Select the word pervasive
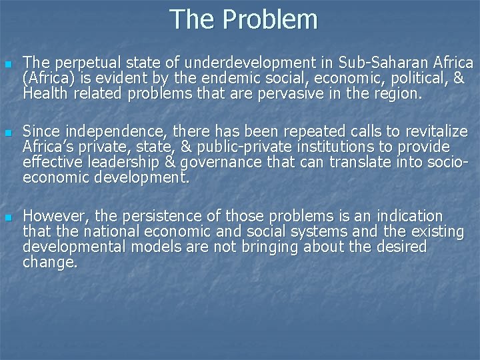[x=299, y=94]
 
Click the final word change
[x=50, y=263]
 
